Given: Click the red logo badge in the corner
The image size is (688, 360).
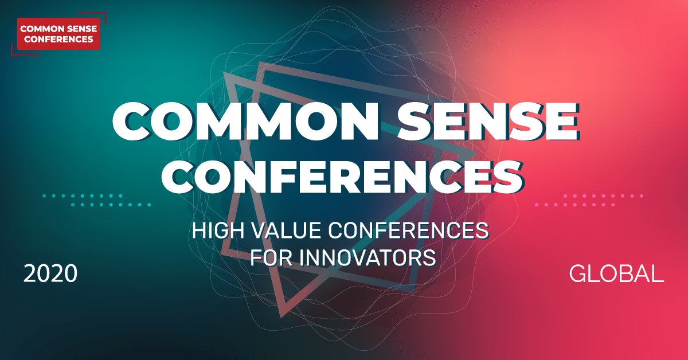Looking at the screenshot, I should [58, 33].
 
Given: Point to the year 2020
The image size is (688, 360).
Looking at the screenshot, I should [50, 274].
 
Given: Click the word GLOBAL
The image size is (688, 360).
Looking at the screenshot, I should [616, 274].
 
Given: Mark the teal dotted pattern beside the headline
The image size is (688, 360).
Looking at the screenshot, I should [96, 200].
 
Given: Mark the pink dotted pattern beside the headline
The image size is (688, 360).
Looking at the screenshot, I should [589, 200].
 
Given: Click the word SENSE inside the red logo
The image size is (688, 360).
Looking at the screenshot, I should [77, 28].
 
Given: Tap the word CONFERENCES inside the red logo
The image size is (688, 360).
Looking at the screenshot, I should [58, 40].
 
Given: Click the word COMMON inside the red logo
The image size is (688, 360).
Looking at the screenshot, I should [41, 28].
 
